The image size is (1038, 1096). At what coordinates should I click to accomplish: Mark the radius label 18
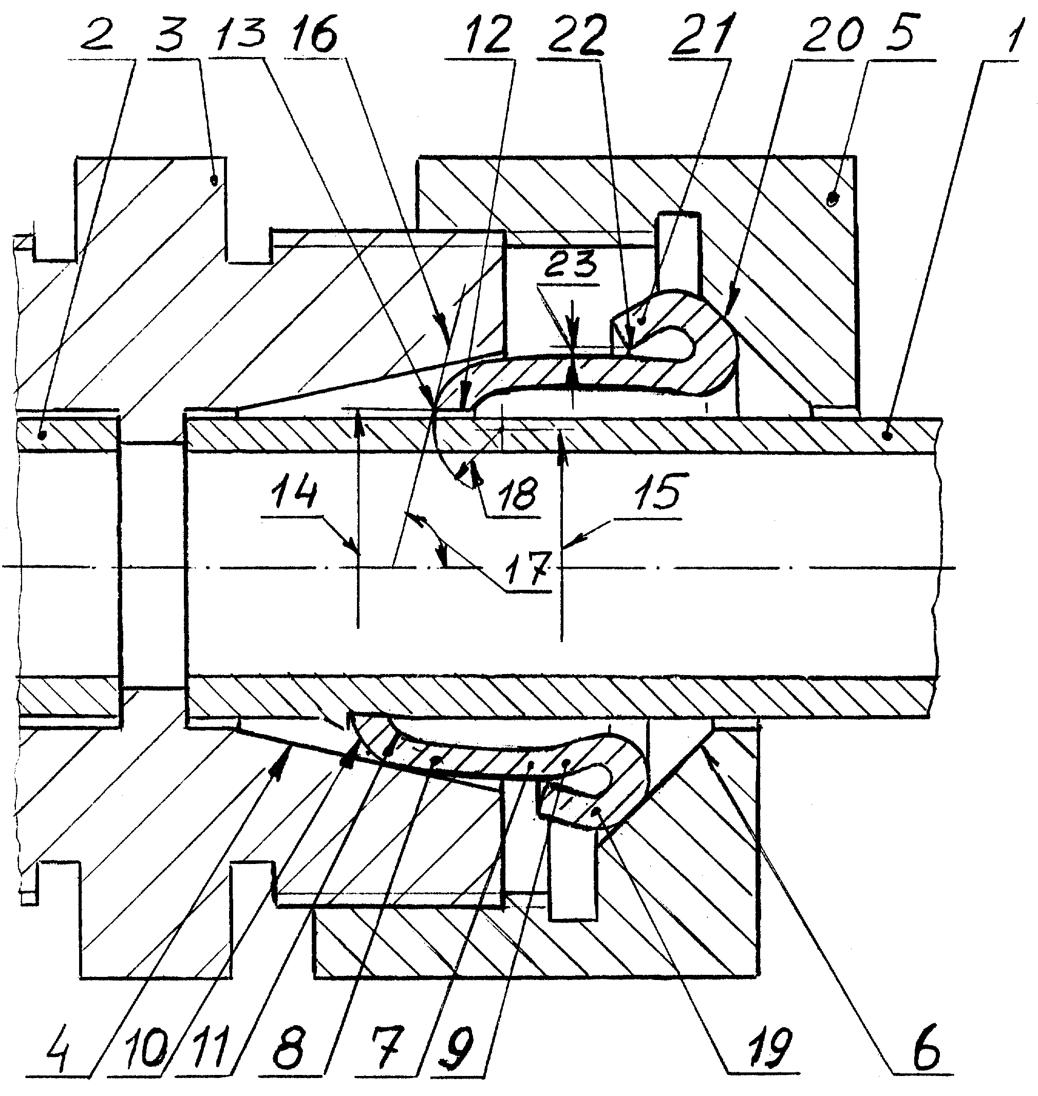[512, 494]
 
